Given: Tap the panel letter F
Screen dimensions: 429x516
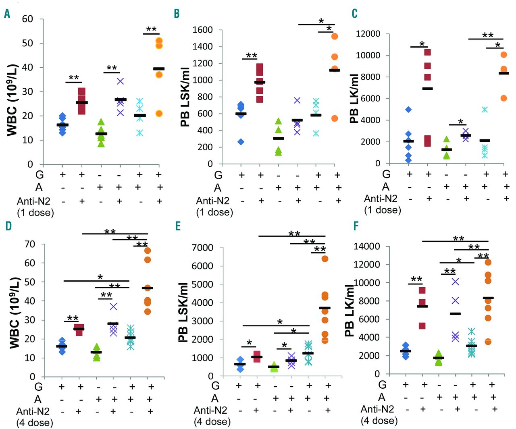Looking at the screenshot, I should coord(356,226).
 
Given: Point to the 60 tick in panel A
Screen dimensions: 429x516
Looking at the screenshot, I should coord(27,19).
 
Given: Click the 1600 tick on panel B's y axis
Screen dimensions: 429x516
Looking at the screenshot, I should coord(202,30).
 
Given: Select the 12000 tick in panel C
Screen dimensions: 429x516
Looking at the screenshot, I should coord(368,34).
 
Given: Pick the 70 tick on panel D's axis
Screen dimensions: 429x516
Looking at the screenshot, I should coord(30,244).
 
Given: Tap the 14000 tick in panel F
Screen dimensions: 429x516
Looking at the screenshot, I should coord(366,247).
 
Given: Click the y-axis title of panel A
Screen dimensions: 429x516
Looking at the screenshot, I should coord(12,99).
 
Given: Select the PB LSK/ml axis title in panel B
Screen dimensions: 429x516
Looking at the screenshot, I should coord(185,98).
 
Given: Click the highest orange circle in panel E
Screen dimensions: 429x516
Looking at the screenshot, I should coord(325,259).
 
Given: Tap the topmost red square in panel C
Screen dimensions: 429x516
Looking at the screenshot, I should coord(428,52).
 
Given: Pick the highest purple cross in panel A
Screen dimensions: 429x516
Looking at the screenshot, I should coord(120,81).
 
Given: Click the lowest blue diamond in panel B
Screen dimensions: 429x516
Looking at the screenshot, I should coord(241,141).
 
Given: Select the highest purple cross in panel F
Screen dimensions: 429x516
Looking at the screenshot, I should coord(456,282).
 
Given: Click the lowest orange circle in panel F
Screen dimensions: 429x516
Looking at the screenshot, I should coord(488,342).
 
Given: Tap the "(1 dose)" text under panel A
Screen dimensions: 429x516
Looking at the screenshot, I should coord(35,212).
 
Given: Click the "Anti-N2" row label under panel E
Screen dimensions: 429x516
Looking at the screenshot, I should coord(210,410).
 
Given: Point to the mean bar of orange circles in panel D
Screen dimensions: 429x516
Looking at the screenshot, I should coord(148,288).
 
